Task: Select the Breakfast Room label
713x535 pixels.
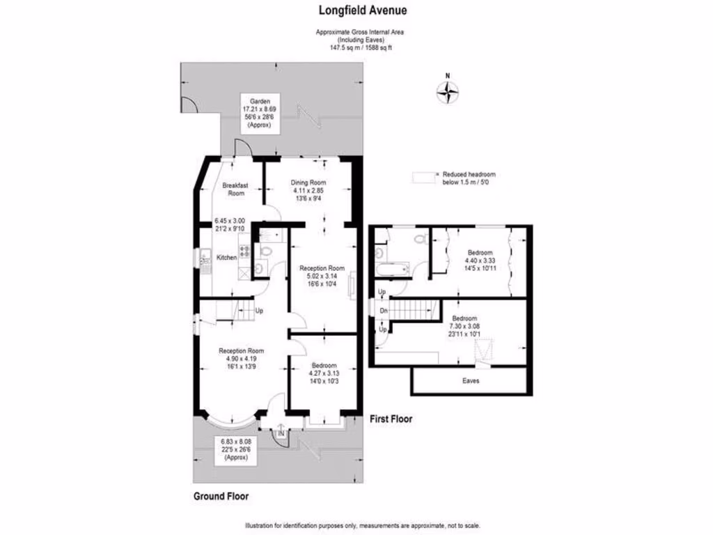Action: tap(235, 189)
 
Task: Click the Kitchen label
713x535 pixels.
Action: tap(227, 258)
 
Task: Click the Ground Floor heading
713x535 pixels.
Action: tap(221, 497)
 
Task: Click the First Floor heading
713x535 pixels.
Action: tap(391, 419)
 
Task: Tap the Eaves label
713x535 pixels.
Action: tap(471, 381)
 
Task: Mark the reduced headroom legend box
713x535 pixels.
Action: tap(423, 178)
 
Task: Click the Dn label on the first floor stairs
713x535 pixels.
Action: tap(383, 311)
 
